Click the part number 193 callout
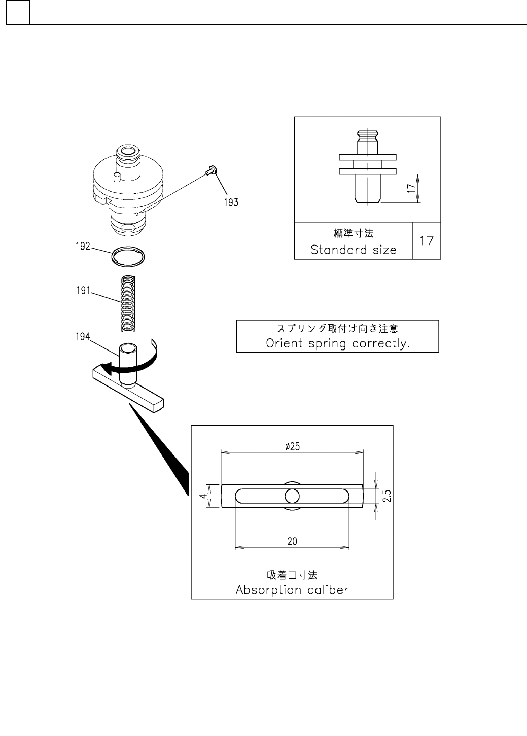(231, 202)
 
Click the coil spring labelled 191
(129, 302)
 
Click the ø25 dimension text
(292, 446)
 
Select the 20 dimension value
(292, 542)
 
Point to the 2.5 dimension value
(387, 496)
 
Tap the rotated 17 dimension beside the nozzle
(411, 188)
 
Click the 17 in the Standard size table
(427, 240)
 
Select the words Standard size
(353, 250)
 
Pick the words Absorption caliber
(292, 590)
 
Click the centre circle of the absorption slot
(292, 496)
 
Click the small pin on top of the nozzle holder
(116, 177)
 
